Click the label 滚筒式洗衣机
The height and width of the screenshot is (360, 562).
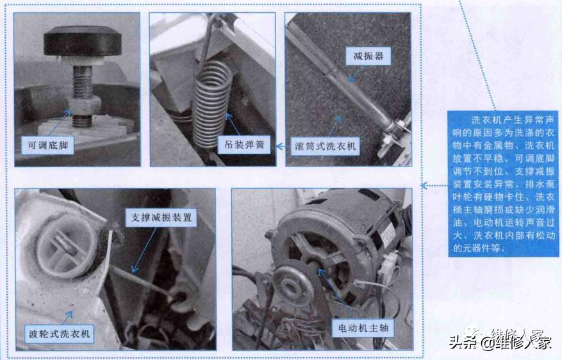tap(325, 145)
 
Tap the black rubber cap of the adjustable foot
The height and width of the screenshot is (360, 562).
tap(82, 43)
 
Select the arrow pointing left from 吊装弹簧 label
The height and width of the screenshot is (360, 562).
tap(280, 146)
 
